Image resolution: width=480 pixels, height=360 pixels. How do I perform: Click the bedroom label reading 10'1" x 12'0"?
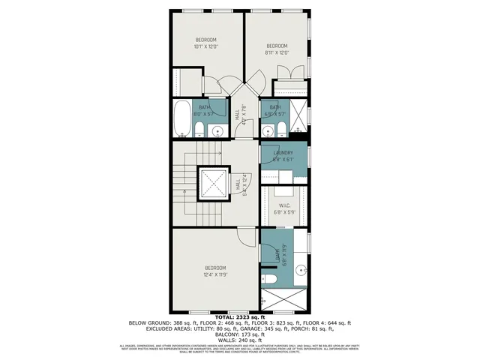pos(206,43)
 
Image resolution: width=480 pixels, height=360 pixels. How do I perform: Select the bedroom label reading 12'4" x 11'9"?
pos(215,271)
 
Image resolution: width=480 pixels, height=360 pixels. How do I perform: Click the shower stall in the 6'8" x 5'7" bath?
pos(298,118)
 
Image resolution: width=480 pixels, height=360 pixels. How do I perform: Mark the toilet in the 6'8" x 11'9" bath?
pos(271,280)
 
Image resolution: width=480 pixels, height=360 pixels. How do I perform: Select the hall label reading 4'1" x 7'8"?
pos(238,118)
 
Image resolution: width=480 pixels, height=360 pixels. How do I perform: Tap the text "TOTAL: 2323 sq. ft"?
pos(239,317)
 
